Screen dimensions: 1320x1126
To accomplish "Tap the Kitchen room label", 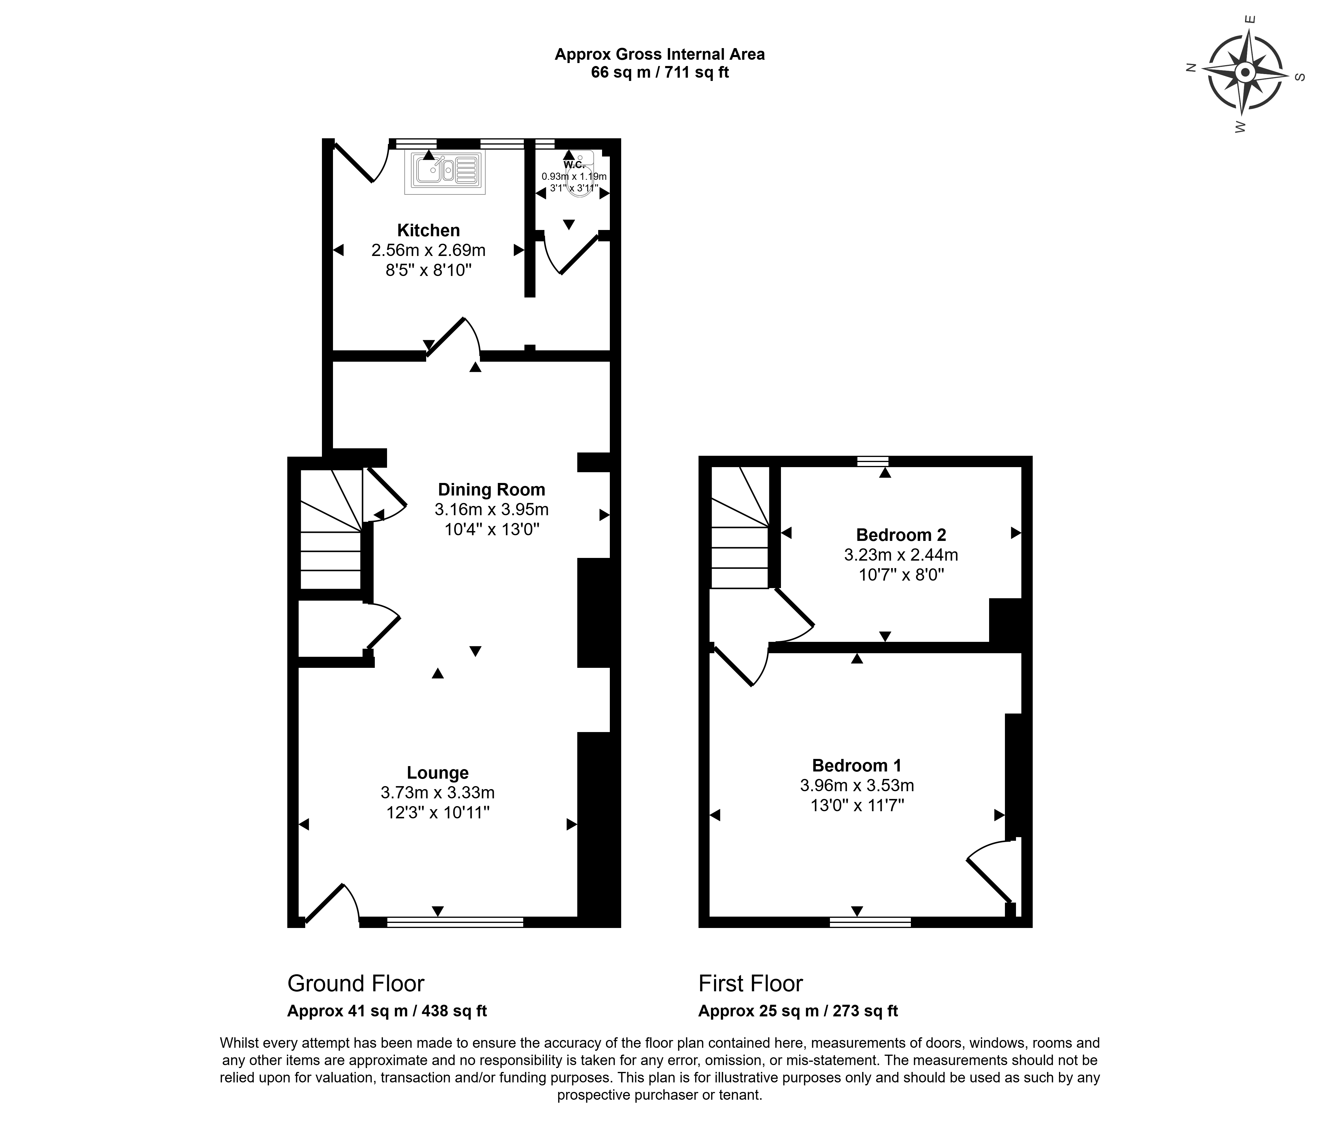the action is (429, 230).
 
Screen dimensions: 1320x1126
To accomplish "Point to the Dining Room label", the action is (492, 490).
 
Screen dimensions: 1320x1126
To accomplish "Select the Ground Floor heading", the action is (355, 983).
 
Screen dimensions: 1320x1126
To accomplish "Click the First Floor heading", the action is (750, 983).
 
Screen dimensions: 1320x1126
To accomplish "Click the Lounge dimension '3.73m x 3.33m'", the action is (438, 793).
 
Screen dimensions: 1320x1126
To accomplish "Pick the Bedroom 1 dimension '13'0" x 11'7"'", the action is (857, 806).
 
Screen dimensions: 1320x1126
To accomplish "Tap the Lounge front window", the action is (455, 921).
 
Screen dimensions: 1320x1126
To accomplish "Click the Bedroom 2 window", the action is (873, 461).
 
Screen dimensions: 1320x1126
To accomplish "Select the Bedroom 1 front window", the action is (870, 921).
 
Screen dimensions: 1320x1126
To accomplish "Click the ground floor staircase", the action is (331, 529).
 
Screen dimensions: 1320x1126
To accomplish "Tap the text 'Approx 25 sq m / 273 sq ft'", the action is (798, 1011).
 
